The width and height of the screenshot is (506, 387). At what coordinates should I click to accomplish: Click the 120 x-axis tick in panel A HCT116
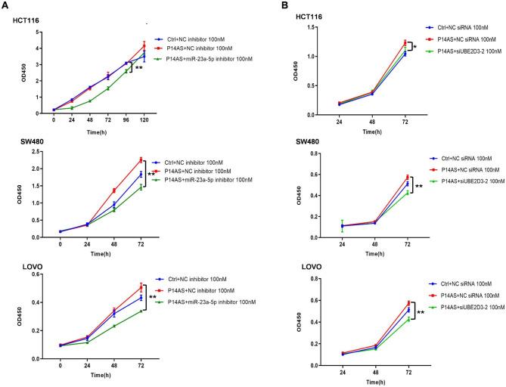pos(144,119)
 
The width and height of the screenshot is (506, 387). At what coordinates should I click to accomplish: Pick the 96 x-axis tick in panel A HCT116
pos(126,119)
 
